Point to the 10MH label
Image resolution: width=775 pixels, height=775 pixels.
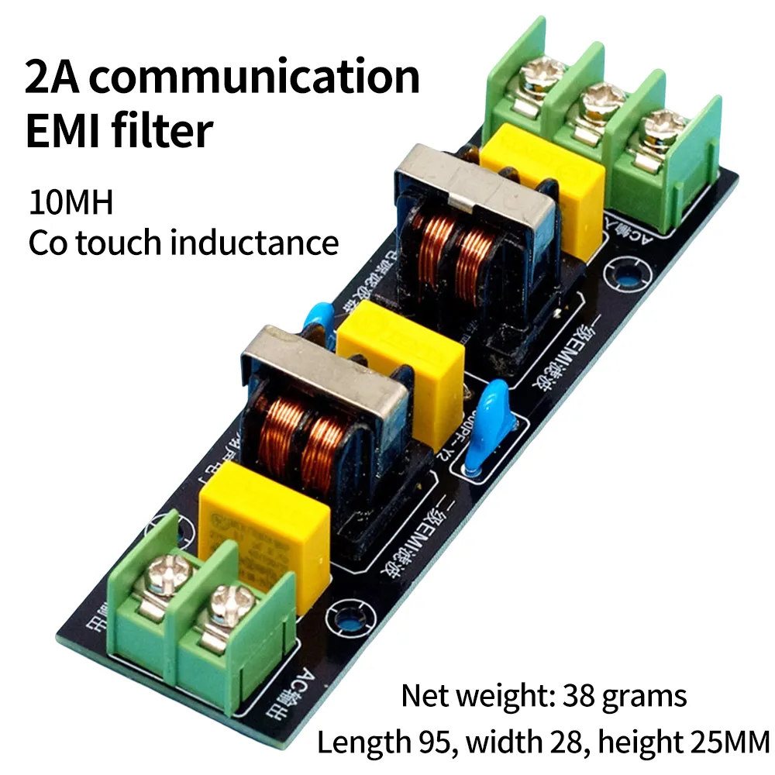(x=71, y=203)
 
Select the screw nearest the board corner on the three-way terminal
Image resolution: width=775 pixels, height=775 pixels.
(x=659, y=126)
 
